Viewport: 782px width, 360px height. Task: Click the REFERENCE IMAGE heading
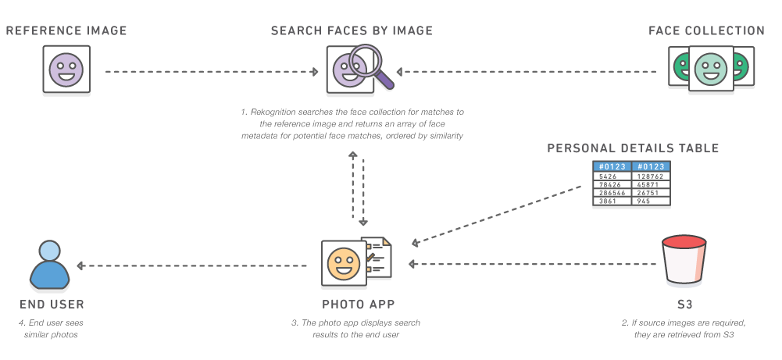tap(66, 31)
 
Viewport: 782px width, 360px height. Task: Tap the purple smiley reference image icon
tap(66, 70)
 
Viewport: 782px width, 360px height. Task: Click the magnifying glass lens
tap(366, 60)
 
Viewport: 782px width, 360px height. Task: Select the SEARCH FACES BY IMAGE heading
tap(352, 31)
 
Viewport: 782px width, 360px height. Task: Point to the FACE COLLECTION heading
tap(706, 31)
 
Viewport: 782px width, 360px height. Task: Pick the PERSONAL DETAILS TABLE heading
tap(633, 148)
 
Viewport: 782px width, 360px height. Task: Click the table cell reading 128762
tap(652, 176)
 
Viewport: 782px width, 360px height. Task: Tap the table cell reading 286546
tap(612, 192)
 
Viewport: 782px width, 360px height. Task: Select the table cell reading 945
tap(652, 201)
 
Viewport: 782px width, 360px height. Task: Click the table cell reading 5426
tap(612, 176)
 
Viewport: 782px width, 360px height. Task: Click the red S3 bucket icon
tap(684, 264)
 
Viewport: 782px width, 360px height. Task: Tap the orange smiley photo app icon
tap(344, 263)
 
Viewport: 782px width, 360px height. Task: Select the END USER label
tap(52, 304)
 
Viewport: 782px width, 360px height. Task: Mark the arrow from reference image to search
tap(211, 72)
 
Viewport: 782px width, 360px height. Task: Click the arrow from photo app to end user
tap(195, 266)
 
